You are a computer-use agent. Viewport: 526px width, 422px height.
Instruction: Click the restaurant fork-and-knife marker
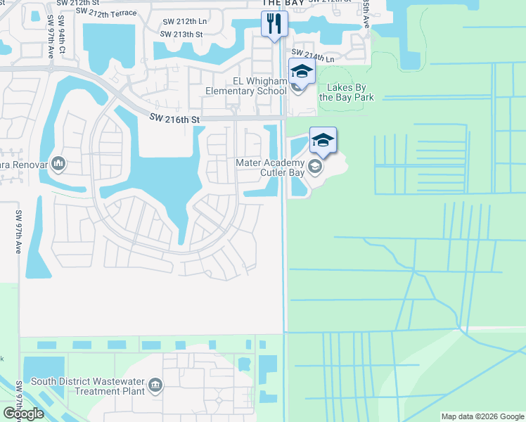pyautogui.click(x=274, y=23)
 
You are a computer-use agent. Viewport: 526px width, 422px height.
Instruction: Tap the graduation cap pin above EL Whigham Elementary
pyautogui.click(x=302, y=71)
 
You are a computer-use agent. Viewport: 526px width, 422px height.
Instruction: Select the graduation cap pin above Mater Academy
pyautogui.click(x=323, y=140)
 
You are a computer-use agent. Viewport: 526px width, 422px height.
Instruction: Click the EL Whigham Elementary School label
pyautogui.click(x=246, y=86)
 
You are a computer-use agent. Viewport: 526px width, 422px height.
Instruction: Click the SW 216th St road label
pyautogui.click(x=174, y=120)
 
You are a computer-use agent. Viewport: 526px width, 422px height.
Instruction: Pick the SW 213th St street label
pyautogui.click(x=181, y=34)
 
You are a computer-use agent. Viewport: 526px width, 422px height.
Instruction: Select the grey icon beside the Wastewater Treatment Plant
pyautogui.click(x=155, y=385)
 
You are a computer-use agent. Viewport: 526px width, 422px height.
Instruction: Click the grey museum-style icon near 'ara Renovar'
pyautogui.click(x=58, y=164)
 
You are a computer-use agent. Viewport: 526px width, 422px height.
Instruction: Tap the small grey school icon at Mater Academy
pyautogui.click(x=315, y=167)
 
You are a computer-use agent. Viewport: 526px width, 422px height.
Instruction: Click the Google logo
pyautogui.click(x=23, y=414)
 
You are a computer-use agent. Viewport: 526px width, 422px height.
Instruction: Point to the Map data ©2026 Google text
pyautogui.click(x=482, y=416)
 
